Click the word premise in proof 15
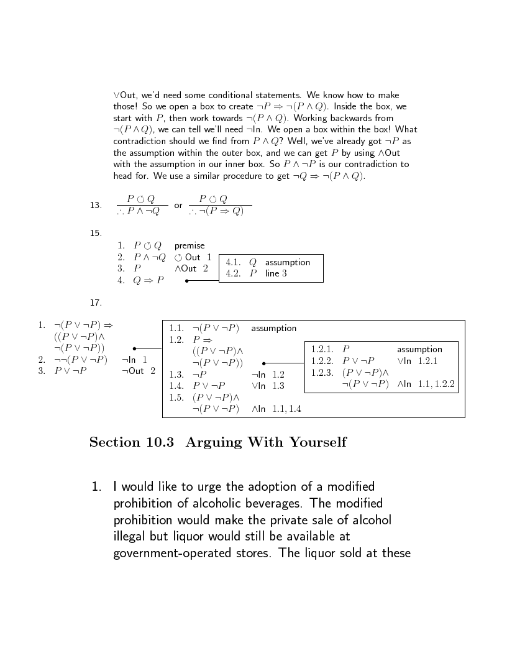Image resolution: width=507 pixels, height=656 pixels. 190,245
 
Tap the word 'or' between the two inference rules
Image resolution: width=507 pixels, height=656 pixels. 178,205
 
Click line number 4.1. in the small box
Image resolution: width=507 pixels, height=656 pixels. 234,262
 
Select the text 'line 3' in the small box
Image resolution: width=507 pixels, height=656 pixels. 276,273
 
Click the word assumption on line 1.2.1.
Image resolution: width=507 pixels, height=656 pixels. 419,349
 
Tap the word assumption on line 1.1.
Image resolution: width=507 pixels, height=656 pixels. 273,328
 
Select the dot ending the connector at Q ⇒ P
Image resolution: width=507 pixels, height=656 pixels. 187,281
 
